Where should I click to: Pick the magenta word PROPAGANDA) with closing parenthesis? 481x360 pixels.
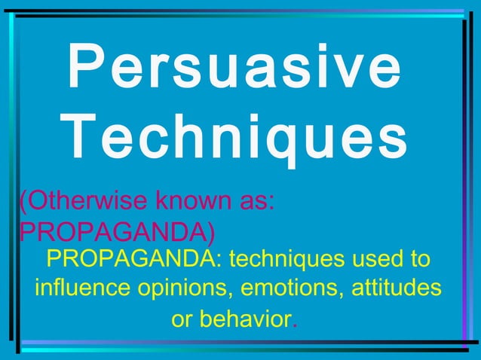coord(117,230)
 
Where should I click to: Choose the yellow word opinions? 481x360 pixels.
coord(179,289)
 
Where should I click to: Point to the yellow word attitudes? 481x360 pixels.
coord(397,289)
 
